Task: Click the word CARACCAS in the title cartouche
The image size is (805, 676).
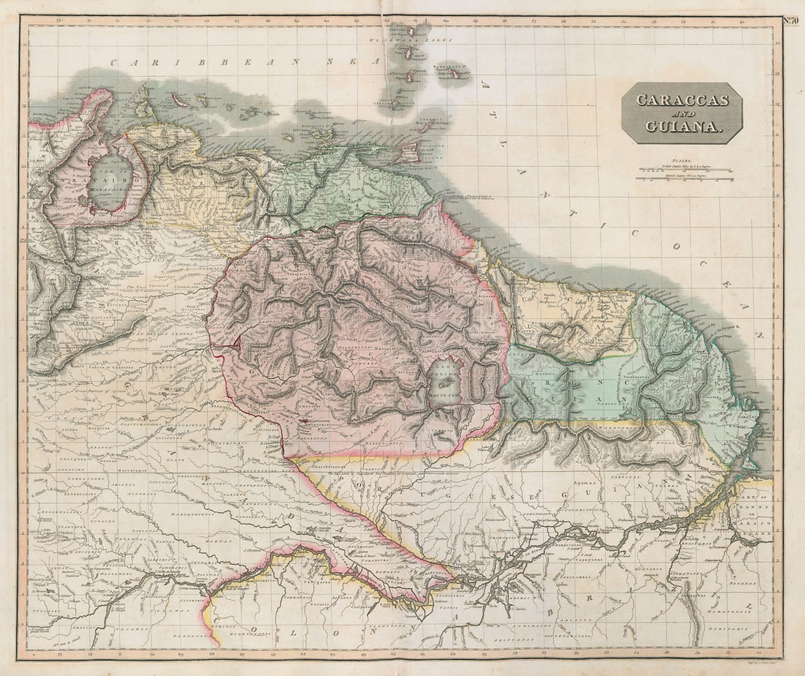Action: (682, 100)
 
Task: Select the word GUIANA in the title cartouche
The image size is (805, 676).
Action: (684, 127)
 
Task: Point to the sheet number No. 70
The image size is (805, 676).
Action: (791, 20)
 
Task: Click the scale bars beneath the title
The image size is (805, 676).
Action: (685, 173)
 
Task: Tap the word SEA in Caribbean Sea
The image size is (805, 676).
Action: (343, 61)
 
